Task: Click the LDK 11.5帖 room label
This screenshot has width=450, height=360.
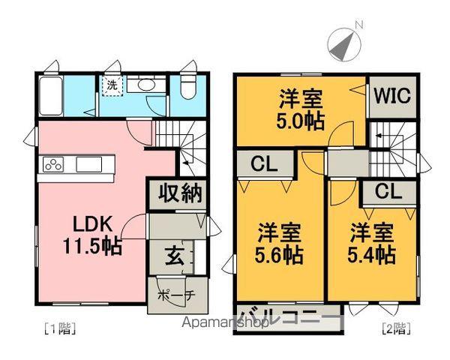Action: point(93,235)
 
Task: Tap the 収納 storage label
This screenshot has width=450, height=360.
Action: point(181,193)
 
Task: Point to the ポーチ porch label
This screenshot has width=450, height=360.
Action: point(176,295)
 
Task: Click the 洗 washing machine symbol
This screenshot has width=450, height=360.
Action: point(111,85)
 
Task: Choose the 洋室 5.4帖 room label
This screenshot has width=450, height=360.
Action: point(371,242)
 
